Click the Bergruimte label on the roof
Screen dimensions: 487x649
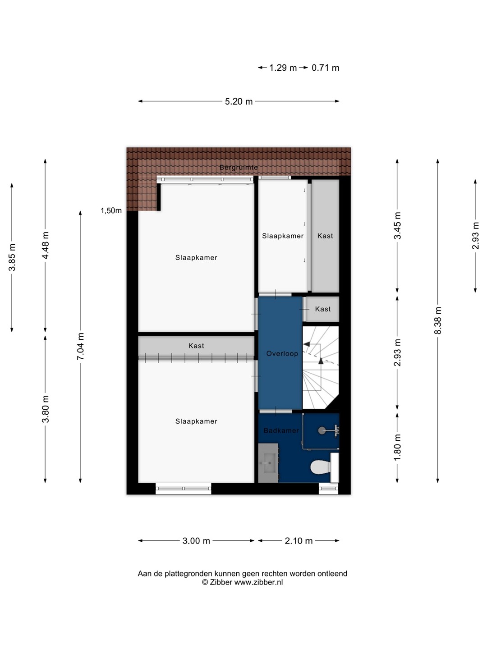pos(239,167)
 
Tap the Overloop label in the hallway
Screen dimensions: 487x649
pos(282,353)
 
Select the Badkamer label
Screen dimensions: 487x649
pos(281,430)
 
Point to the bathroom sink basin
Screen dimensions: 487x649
pos(268,463)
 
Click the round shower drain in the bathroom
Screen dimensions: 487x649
pos(322,430)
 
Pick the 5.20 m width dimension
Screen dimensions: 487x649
pos(239,101)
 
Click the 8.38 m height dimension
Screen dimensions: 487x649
pos(437,320)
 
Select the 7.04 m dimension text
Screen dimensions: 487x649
pos(80,346)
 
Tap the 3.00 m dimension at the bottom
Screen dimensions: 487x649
pos(196,541)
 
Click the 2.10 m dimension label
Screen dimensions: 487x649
pos(299,541)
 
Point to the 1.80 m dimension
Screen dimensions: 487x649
pos(397,447)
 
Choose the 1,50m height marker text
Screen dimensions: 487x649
pos(111,210)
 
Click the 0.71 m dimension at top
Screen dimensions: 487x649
pos(325,68)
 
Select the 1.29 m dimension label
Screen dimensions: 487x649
pos(283,68)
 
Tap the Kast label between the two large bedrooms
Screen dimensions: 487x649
pos(196,346)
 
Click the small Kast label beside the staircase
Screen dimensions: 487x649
pos(322,309)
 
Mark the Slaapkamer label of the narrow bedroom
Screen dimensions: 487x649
pos(283,236)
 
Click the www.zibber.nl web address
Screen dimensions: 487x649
pos(258,582)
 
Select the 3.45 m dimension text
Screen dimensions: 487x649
pos(397,226)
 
